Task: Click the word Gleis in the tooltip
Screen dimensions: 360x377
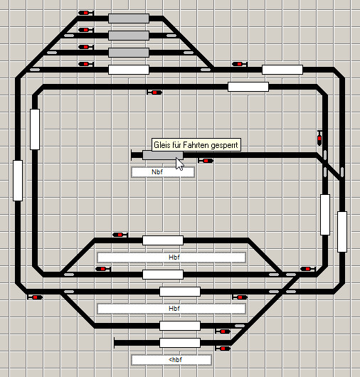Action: click(x=161, y=145)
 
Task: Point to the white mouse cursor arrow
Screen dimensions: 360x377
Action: click(x=179, y=164)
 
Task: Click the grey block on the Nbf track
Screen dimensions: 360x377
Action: click(x=162, y=155)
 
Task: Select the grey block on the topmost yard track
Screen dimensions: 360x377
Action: click(x=129, y=18)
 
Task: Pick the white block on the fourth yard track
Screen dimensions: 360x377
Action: click(x=129, y=70)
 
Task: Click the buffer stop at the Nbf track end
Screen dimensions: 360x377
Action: click(x=132, y=155)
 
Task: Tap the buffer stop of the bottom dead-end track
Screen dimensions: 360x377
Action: click(x=115, y=343)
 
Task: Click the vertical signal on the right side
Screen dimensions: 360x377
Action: click(x=319, y=138)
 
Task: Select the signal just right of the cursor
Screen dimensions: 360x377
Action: click(x=206, y=161)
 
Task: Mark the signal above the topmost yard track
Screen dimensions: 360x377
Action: click(x=86, y=13)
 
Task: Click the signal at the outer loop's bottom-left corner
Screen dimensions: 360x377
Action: click(x=36, y=297)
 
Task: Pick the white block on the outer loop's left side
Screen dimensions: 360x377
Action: click(x=18, y=181)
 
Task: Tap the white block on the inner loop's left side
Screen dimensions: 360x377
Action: click(x=35, y=129)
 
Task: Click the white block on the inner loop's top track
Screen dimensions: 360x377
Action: click(x=248, y=87)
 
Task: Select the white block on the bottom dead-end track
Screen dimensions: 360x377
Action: click(x=180, y=343)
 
